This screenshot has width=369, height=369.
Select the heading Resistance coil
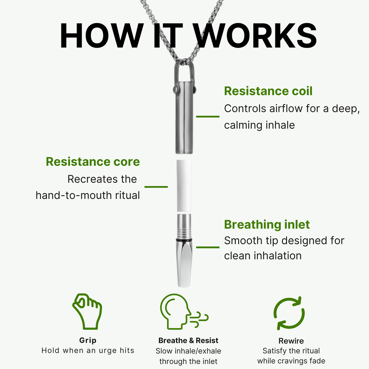[x=268, y=91]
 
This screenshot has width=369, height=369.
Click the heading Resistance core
[x=93, y=162]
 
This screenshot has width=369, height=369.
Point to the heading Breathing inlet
[x=267, y=224]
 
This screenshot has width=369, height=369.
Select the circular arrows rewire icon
[x=289, y=313]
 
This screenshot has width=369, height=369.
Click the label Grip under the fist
[x=88, y=340]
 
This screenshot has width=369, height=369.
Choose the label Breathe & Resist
[x=188, y=340]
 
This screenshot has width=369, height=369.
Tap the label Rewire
[x=291, y=341]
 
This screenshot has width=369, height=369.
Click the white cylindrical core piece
[x=184, y=186]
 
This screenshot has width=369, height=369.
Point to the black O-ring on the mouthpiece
[x=184, y=240]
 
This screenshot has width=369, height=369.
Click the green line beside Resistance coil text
[x=208, y=116]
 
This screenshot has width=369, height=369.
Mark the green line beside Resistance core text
[x=156, y=187]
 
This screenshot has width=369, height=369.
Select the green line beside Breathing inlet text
[x=208, y=247]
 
